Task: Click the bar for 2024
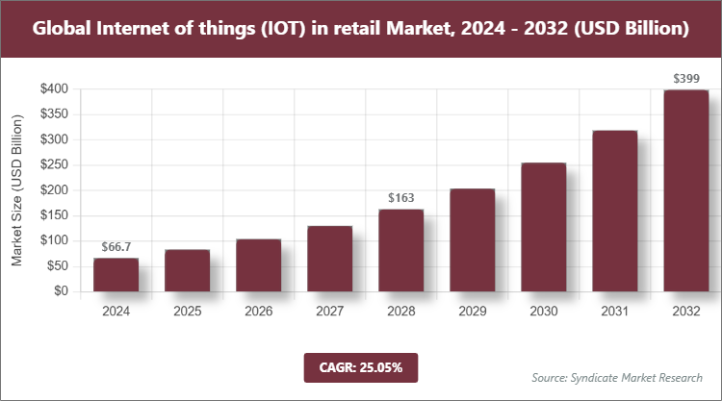[x=116, y=274]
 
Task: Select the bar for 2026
[x=258, y=264]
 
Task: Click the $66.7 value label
[x=116, y=248]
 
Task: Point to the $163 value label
[x=400, y=199]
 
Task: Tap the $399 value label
[x=685, y=79]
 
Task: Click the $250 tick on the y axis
[x=54, y=164]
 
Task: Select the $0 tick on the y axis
[x=61, y=290]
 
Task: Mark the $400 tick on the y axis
[x=54, y=89]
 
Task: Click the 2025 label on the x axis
[x=187, y=311]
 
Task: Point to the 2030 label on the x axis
[x=543, y=311]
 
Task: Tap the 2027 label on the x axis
[x=329, y=311]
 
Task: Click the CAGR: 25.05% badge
[x=360, y=367]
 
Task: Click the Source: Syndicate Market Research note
[x=617, y=376]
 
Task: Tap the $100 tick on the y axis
[x=54, y=240]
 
